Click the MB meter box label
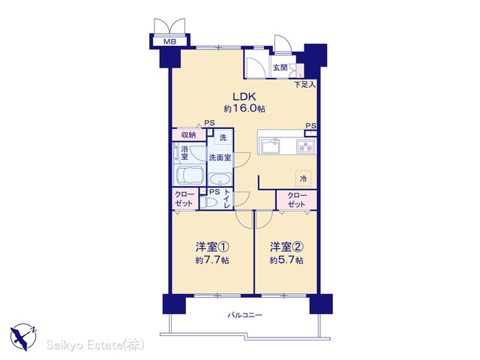point(169,42)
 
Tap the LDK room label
point(244,97)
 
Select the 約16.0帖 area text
point(244,108)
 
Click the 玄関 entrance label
point(280,67)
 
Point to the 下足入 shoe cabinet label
point(304,85)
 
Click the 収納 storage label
point(188,135)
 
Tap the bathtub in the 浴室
point(190,175)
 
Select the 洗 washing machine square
point(223,138)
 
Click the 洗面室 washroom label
point(220,157)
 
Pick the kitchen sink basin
point(270,146)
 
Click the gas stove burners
point(306,146)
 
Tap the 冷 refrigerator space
point(303,178)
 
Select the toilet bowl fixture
point(208,202)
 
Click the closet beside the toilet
point(185,199)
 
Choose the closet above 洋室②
point(296,200)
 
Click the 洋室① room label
point(212,247)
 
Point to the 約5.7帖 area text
point(286,260)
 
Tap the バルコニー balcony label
point(244,315)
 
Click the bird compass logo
point(23,337)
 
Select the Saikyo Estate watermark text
point(95,345)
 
